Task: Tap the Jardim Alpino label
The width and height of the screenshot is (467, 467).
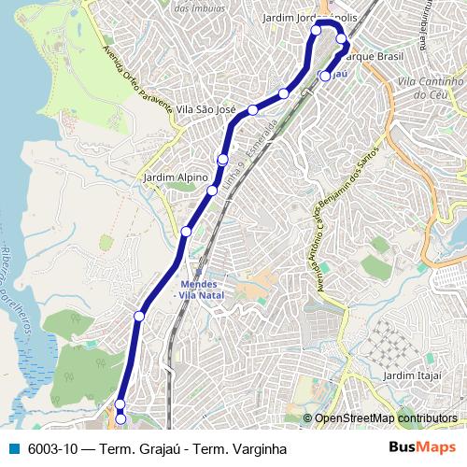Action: pos(169,176)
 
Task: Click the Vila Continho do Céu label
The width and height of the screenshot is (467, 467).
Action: pos(431,88)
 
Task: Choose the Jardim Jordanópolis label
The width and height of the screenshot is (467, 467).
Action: pos(310,18)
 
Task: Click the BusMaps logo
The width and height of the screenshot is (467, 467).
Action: pos(422,446)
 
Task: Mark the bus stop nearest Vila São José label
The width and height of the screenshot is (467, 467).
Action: pos(252,110)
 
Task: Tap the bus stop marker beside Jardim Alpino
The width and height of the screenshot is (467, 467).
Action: pos(211,192)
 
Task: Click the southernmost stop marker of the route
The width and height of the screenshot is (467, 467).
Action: pos(120,419)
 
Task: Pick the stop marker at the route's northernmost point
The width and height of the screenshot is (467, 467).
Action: pos(316,30)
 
